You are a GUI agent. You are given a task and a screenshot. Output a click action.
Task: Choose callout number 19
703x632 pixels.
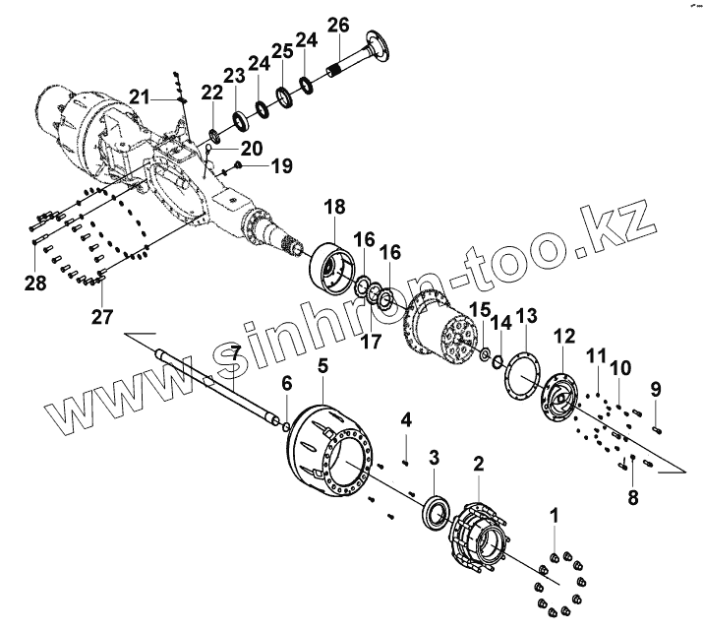pyautogui.click(x=281, y=167)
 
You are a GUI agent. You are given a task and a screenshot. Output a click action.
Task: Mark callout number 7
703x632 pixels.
pyautogui.click(x=234, y=353)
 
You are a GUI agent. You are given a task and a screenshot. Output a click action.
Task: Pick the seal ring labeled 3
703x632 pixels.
pyautogui.click(x=432, y=512)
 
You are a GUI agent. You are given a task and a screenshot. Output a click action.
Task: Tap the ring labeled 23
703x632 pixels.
pyautogui.click(x=238, y=120)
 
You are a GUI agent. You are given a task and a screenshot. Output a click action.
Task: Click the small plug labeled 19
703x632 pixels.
pyautogui.click(x=239, y=167)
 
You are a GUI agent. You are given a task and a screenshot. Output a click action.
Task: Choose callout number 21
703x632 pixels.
pyautogui.click(x=140, y=95)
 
